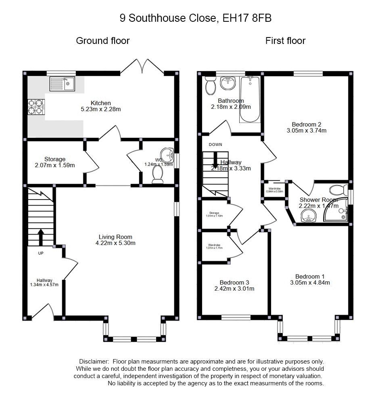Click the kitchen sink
(x=63, y=84)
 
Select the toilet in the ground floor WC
(x=157, y=174)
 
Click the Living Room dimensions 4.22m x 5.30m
(x=115, y=243)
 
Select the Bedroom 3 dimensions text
(x=234, y=289)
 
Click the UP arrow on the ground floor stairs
(x=40, y=237)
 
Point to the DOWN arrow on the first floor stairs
(x=215, y=160)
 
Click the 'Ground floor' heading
(x=102, y=41)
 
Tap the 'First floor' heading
(x=285, y=41)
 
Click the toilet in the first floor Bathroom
(x=210, y=85)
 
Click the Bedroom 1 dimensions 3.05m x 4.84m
(x=310, y=283)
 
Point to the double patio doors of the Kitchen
(x=142, y=67)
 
